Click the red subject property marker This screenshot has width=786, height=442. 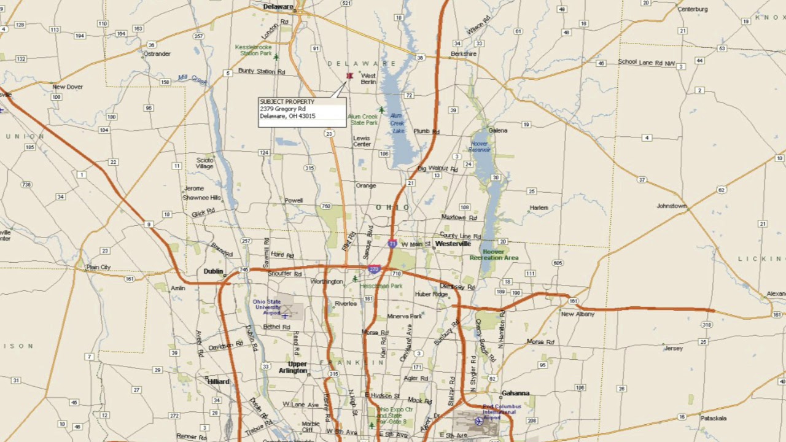(349, 76)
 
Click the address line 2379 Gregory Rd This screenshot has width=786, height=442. (282, 109)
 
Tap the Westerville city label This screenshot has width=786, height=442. (453, 244)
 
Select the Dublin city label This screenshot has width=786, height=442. (213, 271)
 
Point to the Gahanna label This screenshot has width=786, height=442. (515, 393)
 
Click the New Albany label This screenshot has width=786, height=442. (577, 314)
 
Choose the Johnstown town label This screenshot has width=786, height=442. (671, 206)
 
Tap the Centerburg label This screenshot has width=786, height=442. (692, 9)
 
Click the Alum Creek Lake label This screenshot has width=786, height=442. (397, 123)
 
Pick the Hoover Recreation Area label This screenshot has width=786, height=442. (494, 255)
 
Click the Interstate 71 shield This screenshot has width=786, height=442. (392, 244)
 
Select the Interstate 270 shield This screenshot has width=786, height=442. (374, 269)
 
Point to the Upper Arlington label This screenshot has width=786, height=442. (294, 367)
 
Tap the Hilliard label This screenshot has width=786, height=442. (218, 381)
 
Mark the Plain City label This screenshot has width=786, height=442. (98, 267)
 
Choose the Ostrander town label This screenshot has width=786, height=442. (157, 54)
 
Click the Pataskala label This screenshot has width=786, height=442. (714, 418)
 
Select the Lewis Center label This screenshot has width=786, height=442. (362, 141)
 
